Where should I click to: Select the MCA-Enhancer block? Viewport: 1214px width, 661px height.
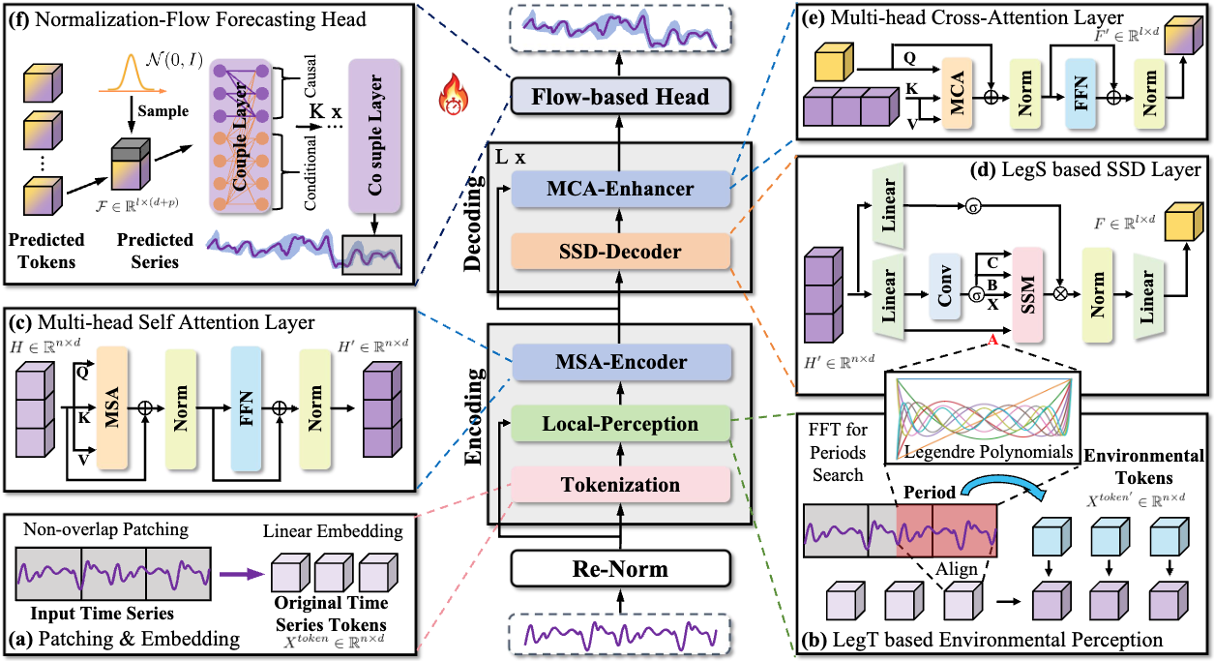click(619, 190)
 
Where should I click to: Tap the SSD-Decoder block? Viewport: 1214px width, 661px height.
click(619, 252)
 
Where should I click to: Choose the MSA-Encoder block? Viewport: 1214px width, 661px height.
click(619, 362)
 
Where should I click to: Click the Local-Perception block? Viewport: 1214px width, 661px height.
click(620, 424)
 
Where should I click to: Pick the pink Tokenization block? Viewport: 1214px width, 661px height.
click(620, 484)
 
